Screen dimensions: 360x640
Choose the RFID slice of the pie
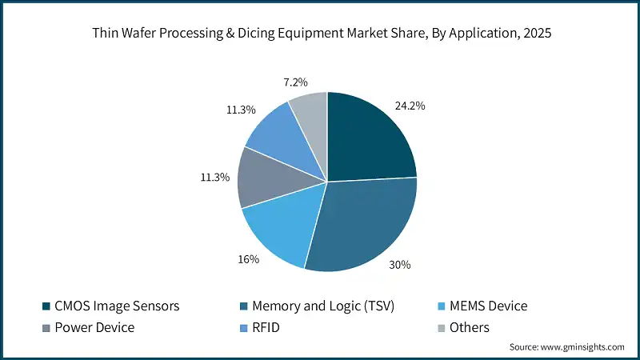[x=280, y=132]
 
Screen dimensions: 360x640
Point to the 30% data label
[x=400, y=264]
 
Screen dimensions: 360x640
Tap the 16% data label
[x=248, y=259]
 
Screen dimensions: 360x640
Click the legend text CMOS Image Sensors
[x=117, y=306]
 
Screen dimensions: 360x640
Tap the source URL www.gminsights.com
[x=583, y=346]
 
